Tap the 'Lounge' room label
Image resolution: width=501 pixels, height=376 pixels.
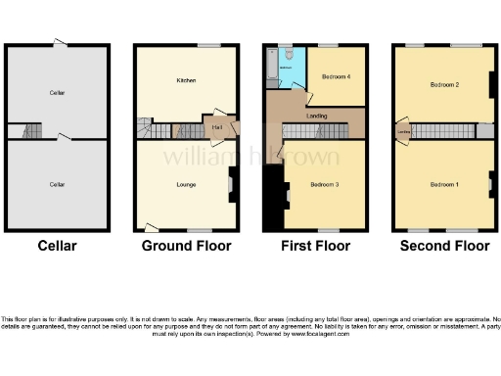186,184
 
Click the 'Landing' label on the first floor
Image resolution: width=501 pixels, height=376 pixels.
316,116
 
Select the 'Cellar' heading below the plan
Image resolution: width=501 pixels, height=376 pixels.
57,246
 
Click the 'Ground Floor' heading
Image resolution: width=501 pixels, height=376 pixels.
187,246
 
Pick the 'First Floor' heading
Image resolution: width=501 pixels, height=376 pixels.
315,246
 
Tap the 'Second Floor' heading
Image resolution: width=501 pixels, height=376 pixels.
445,246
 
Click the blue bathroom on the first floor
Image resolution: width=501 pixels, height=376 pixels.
293,69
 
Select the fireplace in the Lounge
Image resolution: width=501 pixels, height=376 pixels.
231,182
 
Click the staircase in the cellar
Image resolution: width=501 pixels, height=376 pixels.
30,130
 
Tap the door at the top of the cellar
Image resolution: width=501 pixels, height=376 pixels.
61,43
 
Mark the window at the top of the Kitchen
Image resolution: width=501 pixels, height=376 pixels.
208,45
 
